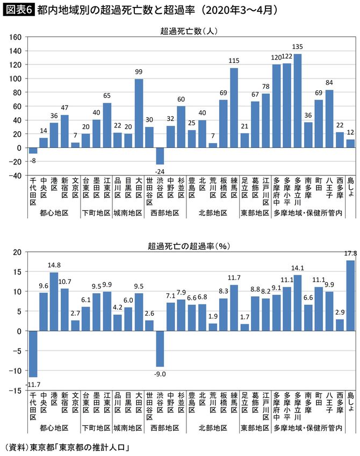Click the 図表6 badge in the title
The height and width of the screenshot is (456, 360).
[x=18, y=10]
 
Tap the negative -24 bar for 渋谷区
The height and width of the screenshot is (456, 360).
[x=159, y=156]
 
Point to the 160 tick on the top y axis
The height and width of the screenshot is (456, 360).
[x=15, y=37]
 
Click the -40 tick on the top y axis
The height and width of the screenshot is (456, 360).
[x=15, y=175]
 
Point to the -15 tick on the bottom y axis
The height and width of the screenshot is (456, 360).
[x=16, y=391]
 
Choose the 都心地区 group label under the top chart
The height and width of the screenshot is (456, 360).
[x=54, y=212]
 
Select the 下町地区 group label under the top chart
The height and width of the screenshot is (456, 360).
[x=97, y=212]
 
